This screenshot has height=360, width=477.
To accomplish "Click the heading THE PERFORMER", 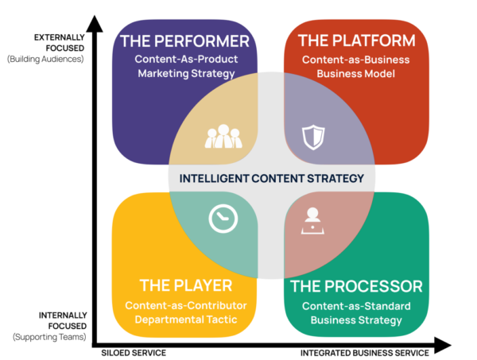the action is (x=184, y=41).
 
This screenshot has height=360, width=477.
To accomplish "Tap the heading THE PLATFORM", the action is (x=356, y=41).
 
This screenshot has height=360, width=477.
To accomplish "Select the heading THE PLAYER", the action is (x=186, y=285).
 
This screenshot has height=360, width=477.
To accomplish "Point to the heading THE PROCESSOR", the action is (x=356, y=286).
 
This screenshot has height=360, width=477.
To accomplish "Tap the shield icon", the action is (x=313, y=137).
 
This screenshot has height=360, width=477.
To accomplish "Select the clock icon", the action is (x=223, y=219).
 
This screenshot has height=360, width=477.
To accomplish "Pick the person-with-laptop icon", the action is (x=312, y=221).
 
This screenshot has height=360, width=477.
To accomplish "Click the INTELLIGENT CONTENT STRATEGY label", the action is (x=272, y=178).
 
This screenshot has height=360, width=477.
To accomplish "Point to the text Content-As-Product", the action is (x=186, y=59).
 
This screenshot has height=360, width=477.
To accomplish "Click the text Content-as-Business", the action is (x=356, y=60).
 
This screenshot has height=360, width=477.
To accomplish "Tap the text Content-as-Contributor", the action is (x=186, y=305).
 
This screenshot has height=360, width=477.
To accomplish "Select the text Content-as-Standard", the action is (x=356, y=306).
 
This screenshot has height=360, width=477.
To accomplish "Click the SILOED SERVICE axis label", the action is (x=134, y=353).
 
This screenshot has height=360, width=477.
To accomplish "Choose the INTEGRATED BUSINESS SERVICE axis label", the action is (x=365, y=353).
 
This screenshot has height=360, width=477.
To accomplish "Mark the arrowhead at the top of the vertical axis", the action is (x=95, y=24).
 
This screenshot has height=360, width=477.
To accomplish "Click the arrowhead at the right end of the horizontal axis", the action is (x=443, y=345).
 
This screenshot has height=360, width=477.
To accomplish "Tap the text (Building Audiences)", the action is (x=45, y=59).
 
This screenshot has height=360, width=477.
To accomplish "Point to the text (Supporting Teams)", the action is (x=49, y=337).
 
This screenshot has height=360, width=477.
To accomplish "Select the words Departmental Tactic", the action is (x=186, y=319).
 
